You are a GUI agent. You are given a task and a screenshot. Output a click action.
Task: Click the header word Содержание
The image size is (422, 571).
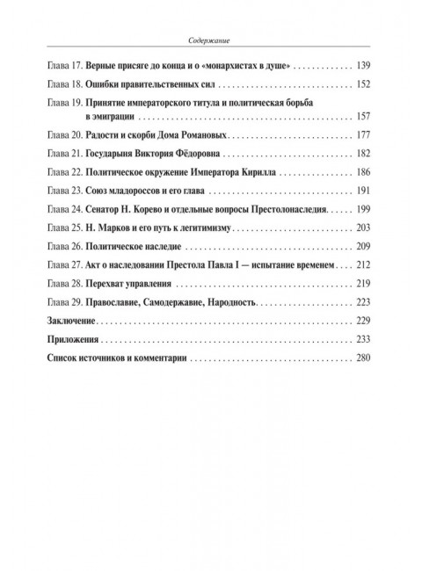tap(216, 40)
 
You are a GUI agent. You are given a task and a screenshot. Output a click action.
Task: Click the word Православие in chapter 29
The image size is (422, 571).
tap(121, 304)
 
